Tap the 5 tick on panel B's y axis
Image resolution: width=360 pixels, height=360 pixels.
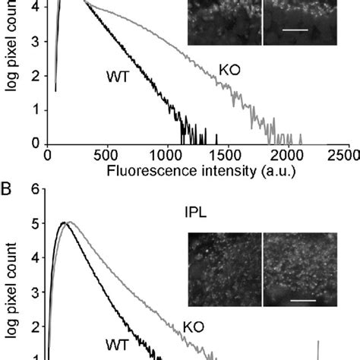point(33,224)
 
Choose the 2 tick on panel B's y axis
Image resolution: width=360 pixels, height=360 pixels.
point(33,327)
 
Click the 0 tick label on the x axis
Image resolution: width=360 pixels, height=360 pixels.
point(47,156)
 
